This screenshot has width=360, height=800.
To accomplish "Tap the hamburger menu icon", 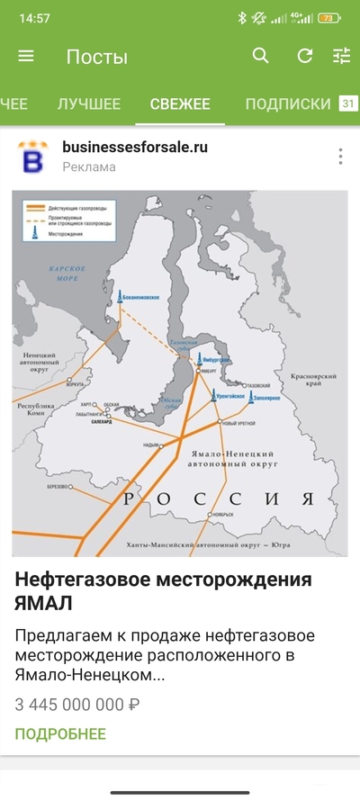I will tap(26, 56).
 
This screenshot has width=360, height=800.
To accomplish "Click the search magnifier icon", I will tap(261, 56).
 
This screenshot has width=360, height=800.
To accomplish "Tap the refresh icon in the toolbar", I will tap(305, 56).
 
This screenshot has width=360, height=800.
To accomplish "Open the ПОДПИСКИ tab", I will tap(288, 103).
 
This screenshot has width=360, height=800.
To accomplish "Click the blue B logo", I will tap(33, 157).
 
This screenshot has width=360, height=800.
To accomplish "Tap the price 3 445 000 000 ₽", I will tap(77, 704).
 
